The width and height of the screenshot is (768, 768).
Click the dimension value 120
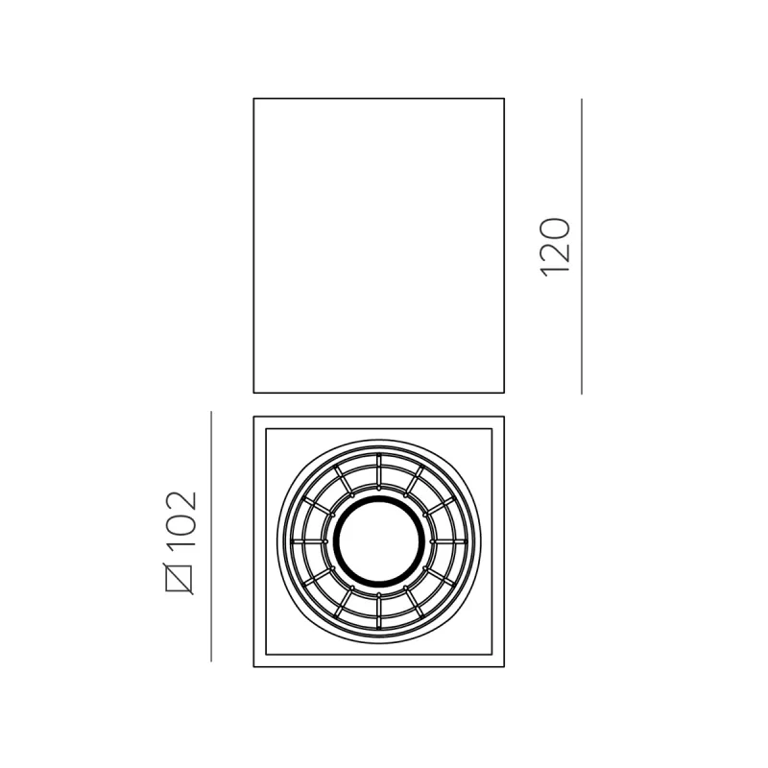(557, 248)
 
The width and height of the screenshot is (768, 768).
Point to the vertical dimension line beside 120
(582, 246)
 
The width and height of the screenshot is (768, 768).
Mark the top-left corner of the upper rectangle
(253, 99)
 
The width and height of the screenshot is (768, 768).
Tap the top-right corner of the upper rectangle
(504, 99)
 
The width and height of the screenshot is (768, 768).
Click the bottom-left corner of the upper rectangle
(253, 392)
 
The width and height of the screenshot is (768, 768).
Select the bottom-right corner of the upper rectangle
(504, 392)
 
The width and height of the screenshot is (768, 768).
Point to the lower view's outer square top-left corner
(253, 417)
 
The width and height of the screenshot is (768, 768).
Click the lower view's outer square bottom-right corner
(504, 666)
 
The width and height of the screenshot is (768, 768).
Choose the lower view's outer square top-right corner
(504, 417)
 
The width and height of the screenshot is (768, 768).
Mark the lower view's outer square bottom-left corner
(253, 666)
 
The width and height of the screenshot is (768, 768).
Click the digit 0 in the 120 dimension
(557, 230)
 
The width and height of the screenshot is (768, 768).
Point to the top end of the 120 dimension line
(582, 99)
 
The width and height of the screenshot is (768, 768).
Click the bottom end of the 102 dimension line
(211, 660)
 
